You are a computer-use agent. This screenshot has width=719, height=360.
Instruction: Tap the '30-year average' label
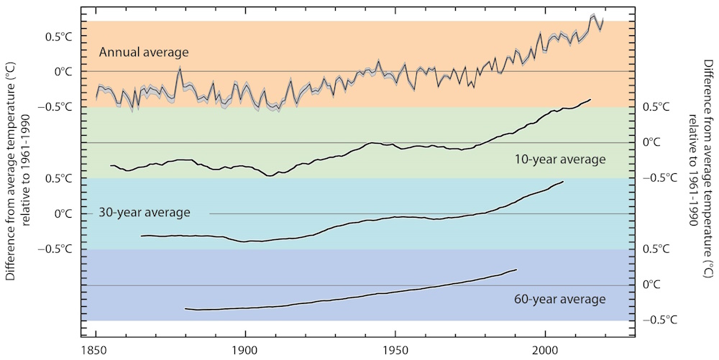point(145,213)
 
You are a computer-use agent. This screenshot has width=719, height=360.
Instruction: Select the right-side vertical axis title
point(701,142)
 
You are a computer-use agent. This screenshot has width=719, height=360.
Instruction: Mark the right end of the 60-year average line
point(517,269)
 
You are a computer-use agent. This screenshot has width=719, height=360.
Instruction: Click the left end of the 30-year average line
point(141,236)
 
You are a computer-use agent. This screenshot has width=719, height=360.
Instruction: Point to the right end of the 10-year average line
point(590,100)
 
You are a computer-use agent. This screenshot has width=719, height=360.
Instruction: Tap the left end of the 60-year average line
point(186,309)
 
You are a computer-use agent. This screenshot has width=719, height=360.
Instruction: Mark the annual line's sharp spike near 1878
point(179,68)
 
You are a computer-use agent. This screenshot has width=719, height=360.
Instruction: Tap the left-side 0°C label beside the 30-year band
point(63,213)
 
